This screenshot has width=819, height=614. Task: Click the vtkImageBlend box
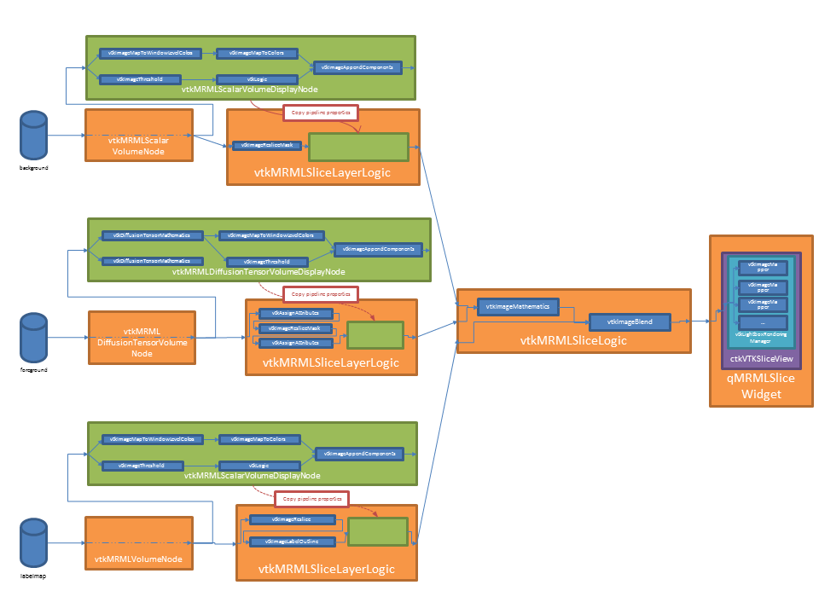pyautogui.click(x=630, y=321)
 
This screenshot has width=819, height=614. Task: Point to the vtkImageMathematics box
pyautogui.click(x=519, y=305)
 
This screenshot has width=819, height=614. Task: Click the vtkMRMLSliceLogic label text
pyautogui.click(x=573, y=340)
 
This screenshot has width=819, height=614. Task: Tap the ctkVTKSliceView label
pyautogui.click(x=756, y=358)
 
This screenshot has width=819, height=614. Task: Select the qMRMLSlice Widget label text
pyautogui.click(x=755, y=386)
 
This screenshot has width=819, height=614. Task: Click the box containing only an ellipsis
pyautogui.click(x=762, y=323)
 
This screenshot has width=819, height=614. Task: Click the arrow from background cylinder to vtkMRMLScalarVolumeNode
pyautogui.click(x=66, y=135)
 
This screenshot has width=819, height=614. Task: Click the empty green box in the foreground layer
pyautogui.click(x=375, y=334)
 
